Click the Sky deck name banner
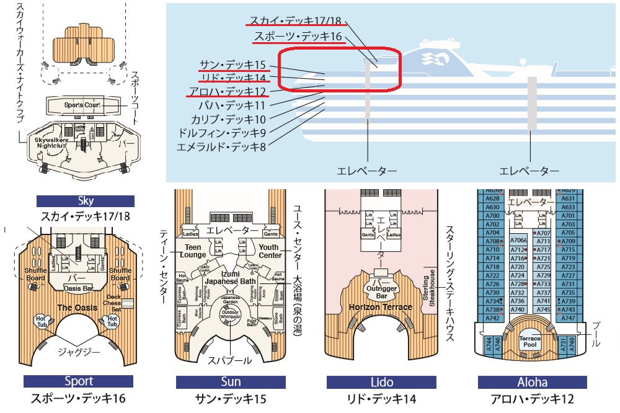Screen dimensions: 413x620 (86, 201)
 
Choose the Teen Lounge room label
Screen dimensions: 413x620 (192, 251)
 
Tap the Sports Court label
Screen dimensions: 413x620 (82, 105)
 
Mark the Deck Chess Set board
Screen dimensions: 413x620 (128, 304)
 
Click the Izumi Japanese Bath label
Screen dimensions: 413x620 (229, 277)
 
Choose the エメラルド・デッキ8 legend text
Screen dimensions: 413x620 (221, 148)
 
